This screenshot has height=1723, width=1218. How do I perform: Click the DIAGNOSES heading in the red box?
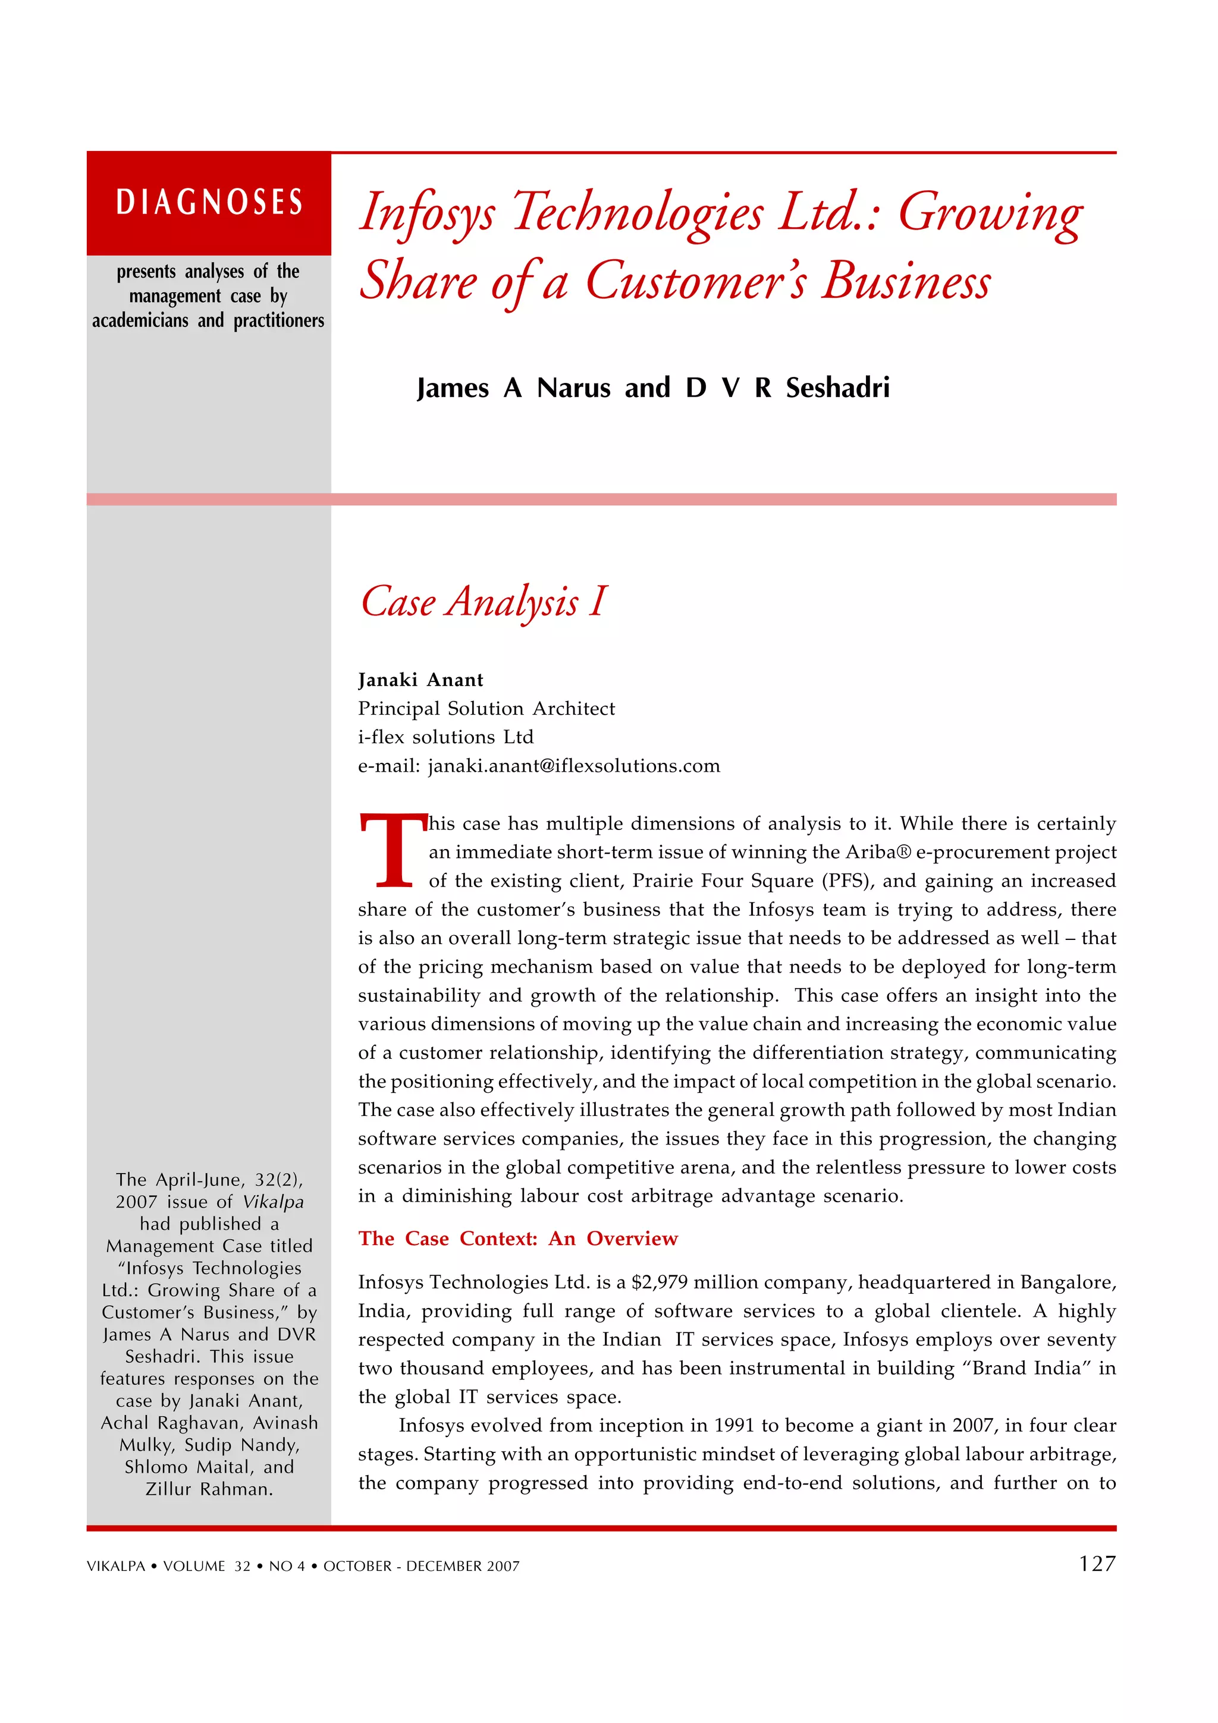click(209, 203)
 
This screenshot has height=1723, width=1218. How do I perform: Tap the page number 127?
click(1097, 1564)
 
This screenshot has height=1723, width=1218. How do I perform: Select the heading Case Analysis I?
click(484, 602)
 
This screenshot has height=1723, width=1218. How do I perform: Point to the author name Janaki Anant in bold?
click(420, 680)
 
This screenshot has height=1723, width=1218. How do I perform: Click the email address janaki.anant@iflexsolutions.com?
click(573, 766)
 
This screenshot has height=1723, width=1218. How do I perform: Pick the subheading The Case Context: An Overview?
click(518, 1239)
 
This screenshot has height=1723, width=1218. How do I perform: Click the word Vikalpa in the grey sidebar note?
click(273, 1202)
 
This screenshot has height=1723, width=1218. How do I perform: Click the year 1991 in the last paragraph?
click(734, 1426)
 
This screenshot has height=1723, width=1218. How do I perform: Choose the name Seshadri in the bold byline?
click(837, 388)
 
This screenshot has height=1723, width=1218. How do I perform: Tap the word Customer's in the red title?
click(697, 282)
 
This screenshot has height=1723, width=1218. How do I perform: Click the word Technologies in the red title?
click(637, 212)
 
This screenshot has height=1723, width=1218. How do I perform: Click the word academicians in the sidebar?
click(140, 320)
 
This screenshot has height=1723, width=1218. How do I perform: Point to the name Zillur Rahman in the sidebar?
click(209, 1489)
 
